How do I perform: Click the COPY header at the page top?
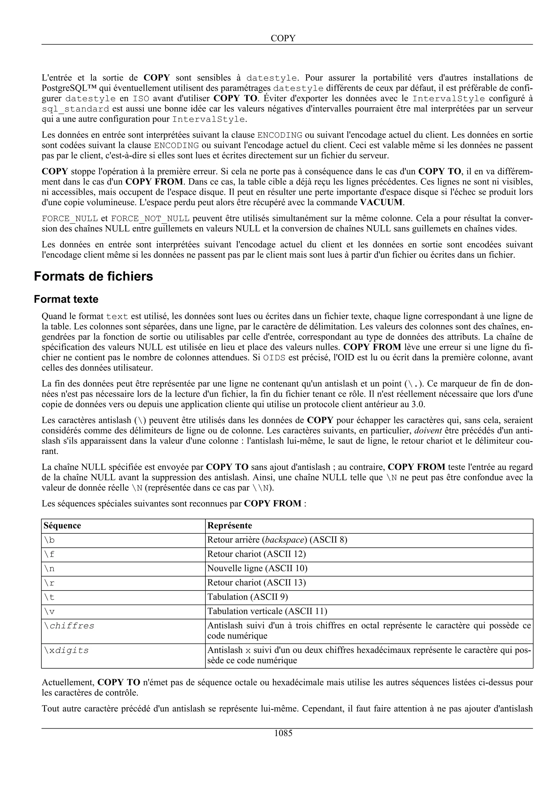[x=283, y=38]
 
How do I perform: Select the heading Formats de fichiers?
[x=93, y=276]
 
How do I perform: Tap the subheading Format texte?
[x=66, y=299]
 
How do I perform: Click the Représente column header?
[x=229, y=526]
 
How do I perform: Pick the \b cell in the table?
[x=50, y=540]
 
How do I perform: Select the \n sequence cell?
[x=50, y=569]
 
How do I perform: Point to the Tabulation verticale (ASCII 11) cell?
[x=267, y=611]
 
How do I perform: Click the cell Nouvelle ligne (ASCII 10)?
[x=257, y=568]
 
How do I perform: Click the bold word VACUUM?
[x=381, y=202]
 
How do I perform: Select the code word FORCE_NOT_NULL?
[x=150, y=219]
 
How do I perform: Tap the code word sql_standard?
[x=76, y=109]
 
